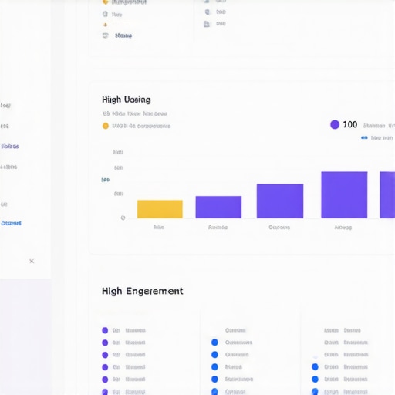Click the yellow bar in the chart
click(160, 209)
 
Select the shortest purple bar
click(218, 207)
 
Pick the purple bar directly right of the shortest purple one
click(279, 201)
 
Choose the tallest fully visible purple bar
click(343, 194)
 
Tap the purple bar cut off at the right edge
click(387, 194)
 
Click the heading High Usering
click(126, 100)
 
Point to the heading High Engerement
click(142, 291)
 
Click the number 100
click(349, 124)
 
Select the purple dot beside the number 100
click(334, 124)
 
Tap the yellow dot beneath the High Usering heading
click(105, 126)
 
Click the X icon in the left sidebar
click(32, 261)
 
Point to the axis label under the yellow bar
click(159, 228)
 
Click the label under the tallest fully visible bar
click(343, 228)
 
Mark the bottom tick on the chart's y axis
click(123, 218)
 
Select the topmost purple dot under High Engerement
click(105, 330)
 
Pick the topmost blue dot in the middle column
click(214, 343)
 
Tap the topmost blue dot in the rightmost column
click(315, 367)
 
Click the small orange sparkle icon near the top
click(105, 24)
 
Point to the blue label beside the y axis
click(105, 180)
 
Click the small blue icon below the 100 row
click(365, 138)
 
